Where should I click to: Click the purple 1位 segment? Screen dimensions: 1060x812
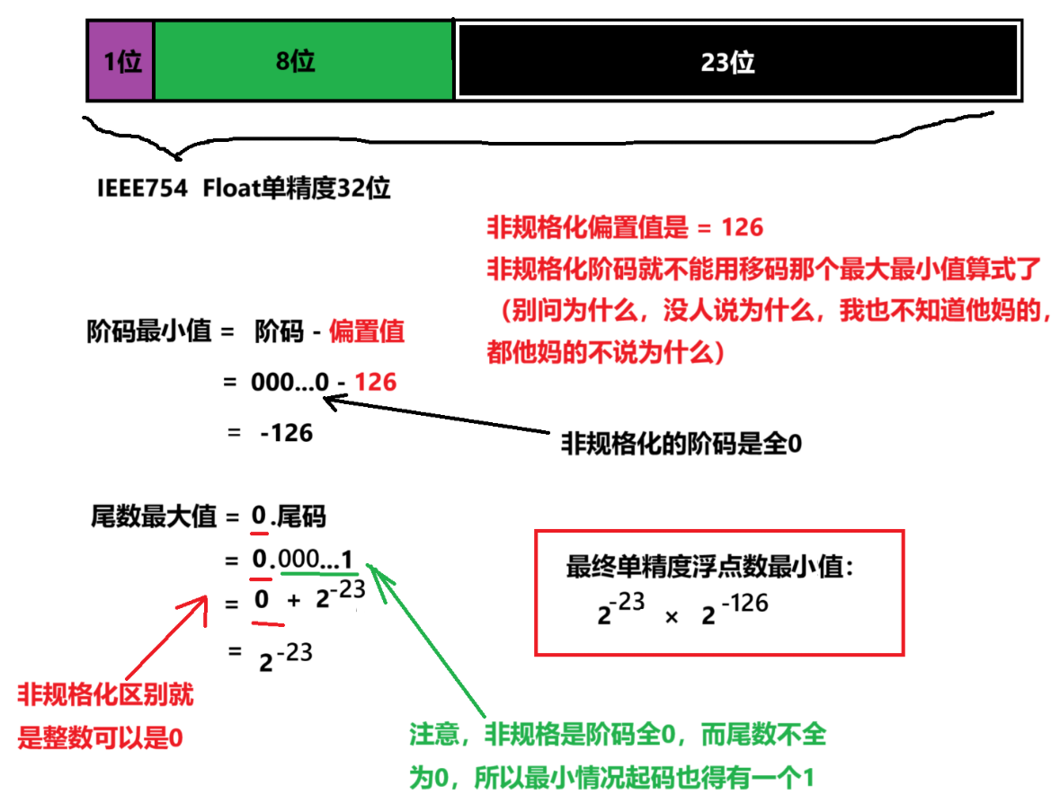[120, 62]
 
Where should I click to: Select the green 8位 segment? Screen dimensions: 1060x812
[303, 62]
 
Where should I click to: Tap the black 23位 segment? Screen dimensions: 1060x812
[737, 62]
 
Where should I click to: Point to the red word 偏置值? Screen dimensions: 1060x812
[367, 331]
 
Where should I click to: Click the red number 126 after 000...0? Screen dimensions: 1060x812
[376, 382]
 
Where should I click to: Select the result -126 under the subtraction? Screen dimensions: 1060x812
[286, 433]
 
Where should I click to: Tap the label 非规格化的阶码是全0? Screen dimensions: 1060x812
[681, 444]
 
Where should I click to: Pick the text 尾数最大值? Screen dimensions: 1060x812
[154, 516]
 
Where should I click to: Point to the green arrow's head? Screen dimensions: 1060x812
[374, 572]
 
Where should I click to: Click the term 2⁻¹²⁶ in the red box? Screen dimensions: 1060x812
[734, 611]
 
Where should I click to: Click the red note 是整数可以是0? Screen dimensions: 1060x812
[100, 738]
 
